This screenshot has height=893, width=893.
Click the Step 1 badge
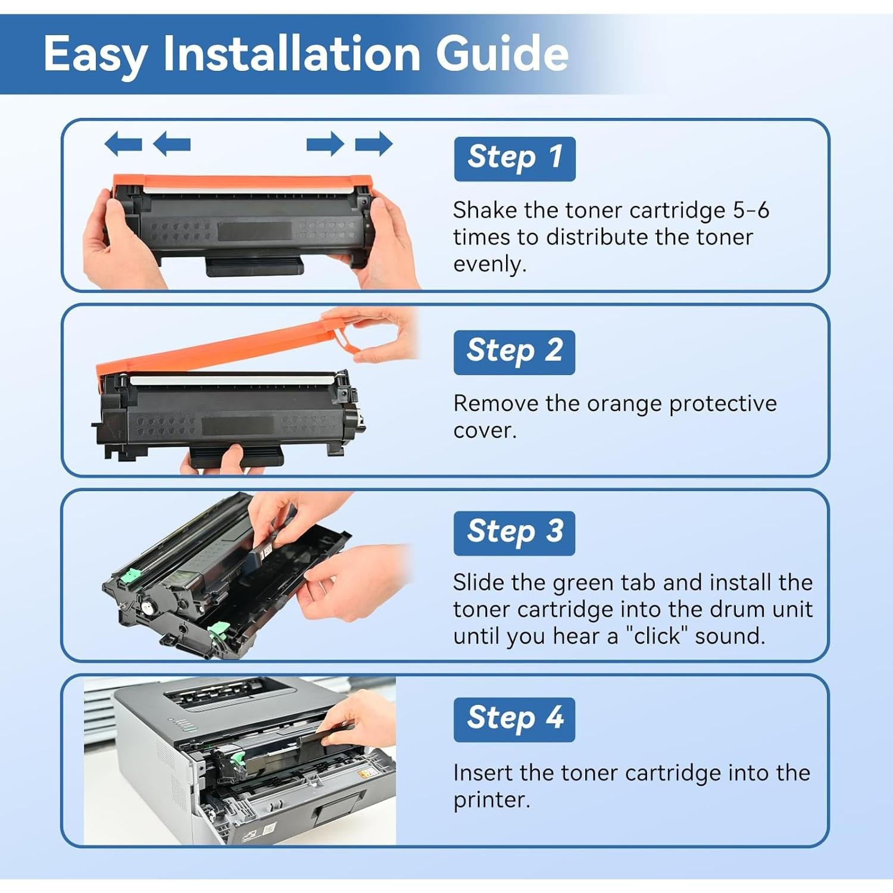click(515, 159)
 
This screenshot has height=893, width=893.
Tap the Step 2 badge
click(514, 352)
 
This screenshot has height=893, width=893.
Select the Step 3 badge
click(514, 533)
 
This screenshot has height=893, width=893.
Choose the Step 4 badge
click(514, 720)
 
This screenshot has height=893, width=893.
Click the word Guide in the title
click(502, 53)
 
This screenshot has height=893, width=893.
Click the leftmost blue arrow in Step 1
click(123, 144)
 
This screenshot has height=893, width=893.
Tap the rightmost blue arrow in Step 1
click(374, 144)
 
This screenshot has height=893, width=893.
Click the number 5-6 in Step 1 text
click(751, 210)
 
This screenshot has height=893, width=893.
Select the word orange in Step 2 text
click(625, 404)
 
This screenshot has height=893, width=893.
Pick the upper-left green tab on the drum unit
click(130, 576)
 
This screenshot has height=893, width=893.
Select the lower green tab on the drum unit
click(218, 630)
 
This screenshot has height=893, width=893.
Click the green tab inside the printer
click(237, 758)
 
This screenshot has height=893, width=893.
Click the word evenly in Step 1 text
click(490, 264)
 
